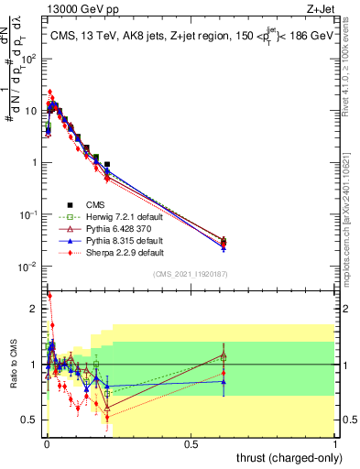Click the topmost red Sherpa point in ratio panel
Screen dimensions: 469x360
click(x=49, y=296)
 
